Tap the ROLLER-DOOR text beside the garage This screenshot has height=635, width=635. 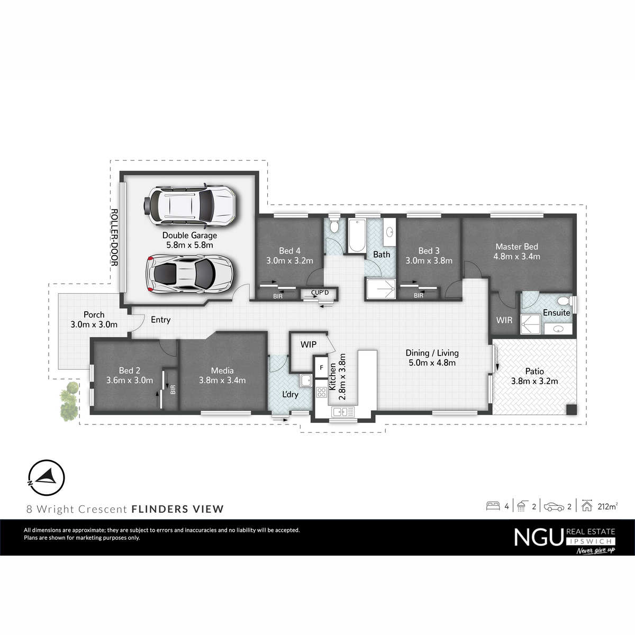[114, 237]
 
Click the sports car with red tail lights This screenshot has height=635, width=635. [189, 274]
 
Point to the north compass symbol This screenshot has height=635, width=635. [47, 477]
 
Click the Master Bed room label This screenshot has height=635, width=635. [516, 247]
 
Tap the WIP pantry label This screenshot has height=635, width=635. [309, 344]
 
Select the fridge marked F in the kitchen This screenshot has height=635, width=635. [321, 367]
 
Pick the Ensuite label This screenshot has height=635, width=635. [557, 312]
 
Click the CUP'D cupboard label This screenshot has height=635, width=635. [320, 292]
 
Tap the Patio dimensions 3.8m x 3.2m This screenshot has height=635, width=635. [534, 381]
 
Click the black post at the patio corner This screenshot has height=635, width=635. [571, 410]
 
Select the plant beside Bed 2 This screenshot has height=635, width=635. [69, 401]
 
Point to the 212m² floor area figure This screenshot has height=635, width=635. [607, 506]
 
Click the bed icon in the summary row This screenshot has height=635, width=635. [493, 506]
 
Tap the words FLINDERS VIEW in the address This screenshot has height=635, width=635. [178, 509]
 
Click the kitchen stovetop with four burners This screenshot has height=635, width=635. [321, 393]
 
